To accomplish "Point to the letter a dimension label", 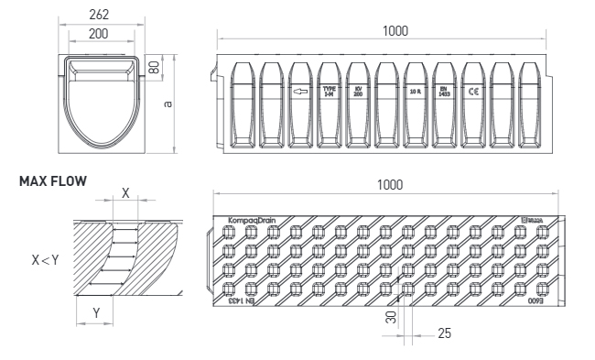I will point(166,103).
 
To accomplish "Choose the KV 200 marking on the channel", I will point(357,93).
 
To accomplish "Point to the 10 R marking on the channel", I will point(415,93).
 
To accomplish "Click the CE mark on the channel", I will point(472,93).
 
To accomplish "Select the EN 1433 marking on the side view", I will point(443,93).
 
